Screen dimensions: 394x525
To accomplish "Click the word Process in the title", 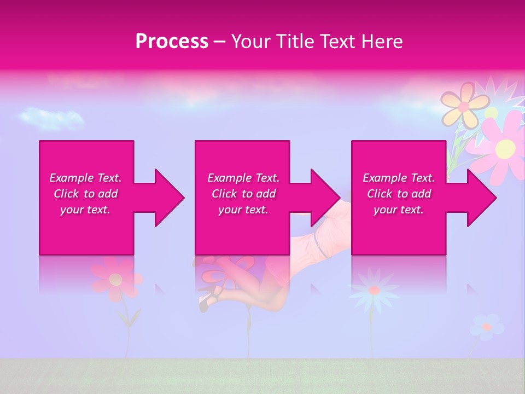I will [172, 42].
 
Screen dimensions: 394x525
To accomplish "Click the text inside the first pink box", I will [86, 194].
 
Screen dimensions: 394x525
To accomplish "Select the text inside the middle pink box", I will [243, 194].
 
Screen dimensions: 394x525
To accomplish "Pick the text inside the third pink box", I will [399, 194].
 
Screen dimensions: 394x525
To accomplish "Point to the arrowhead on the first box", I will [170, 198].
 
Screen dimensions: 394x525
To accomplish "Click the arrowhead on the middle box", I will [325, 198].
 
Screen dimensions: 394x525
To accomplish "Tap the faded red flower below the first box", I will [115, 279].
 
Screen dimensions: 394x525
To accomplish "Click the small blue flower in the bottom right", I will [486, 327].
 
